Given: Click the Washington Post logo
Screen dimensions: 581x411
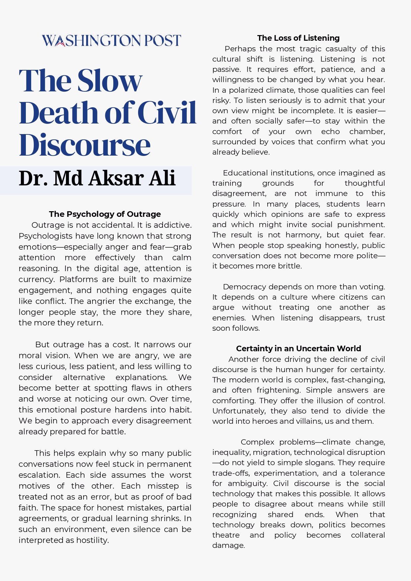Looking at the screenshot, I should tap(111, 40).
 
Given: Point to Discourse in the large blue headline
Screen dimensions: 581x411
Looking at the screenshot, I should tap(85, 145).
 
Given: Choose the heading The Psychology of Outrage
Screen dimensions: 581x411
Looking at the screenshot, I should tap(105, 214).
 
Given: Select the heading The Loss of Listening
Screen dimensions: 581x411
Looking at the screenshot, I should tap(298, 38).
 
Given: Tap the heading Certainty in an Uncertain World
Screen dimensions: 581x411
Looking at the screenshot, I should tap(298, 349).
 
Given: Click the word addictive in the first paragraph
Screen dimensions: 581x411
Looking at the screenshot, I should tap(173, 225).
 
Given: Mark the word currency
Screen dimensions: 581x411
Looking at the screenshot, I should tap(36, 279).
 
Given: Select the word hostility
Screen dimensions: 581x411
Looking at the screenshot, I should tap(92, 540).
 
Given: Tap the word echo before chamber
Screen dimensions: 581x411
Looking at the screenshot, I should tap(330, 131).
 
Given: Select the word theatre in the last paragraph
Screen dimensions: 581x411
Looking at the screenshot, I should tap(226, 535).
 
